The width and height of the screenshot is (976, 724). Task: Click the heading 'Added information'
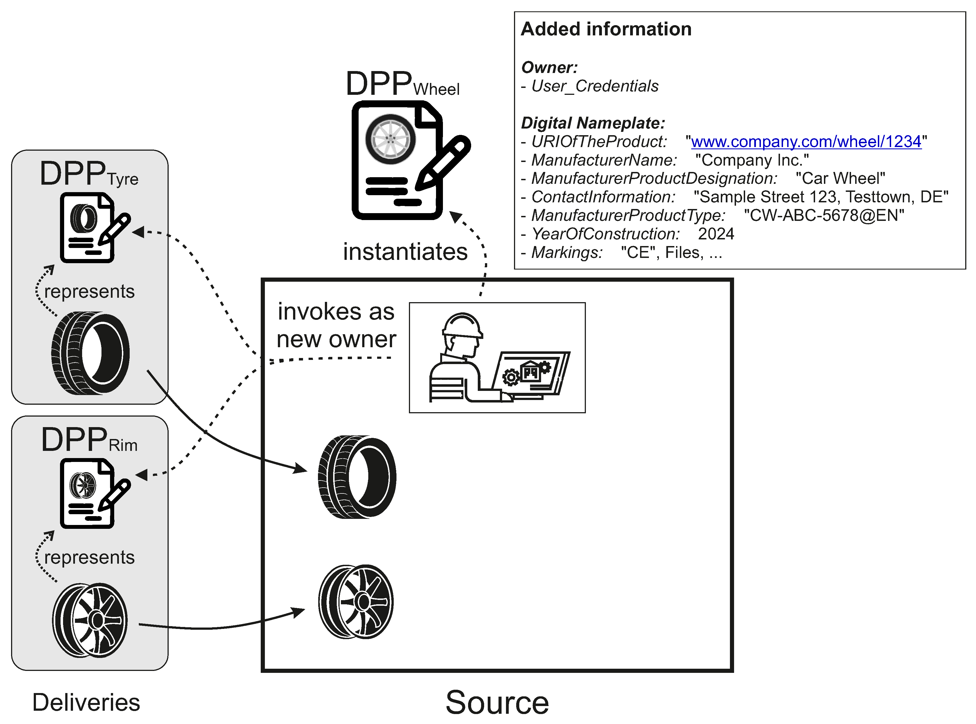(x=606, y=29)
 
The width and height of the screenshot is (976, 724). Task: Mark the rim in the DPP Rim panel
(x=90, y=620)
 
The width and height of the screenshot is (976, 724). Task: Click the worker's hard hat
(x=462, y=325)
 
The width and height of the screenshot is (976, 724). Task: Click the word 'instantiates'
(x=405, y=252)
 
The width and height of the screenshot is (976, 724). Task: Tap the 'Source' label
(x=497, y=702)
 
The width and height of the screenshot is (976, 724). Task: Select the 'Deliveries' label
(x=86, y=702)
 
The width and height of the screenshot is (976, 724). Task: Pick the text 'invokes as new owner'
(x=336, y=325)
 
